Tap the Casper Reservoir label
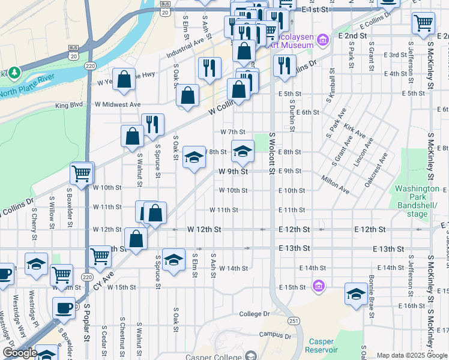321,346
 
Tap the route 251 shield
294,322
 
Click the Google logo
20,353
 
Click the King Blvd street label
69,105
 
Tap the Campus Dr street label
275,335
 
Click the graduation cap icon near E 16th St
356,294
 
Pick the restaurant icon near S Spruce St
152,124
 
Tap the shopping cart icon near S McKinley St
423,23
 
